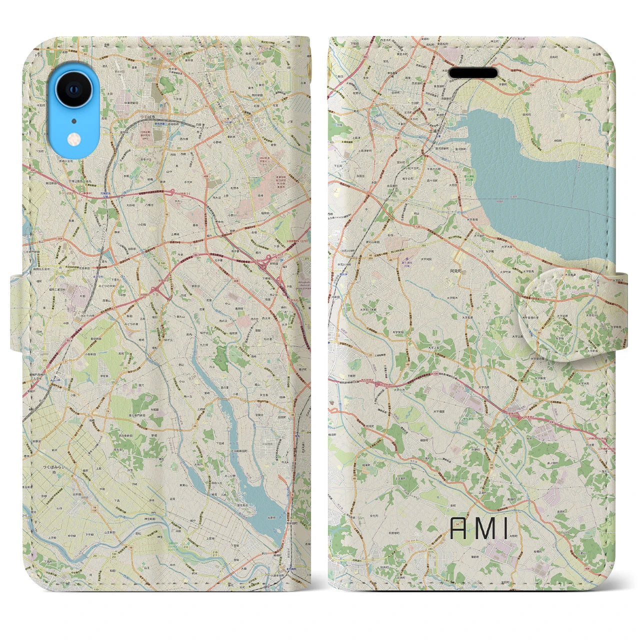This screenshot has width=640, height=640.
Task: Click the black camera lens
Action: (73, 89)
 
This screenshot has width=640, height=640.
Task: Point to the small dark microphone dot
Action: (73, 120)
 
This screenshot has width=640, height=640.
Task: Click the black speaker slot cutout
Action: (473, 73)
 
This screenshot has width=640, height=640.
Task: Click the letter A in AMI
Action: (459, 529)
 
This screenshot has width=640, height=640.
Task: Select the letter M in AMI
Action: (485, 529)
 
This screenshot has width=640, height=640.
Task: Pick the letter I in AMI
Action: (507, 529)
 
